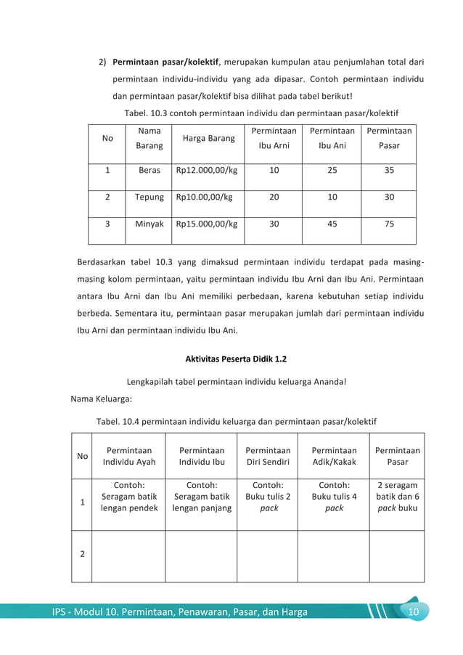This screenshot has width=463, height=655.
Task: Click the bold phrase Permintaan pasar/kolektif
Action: pyautogui.click(x=165, y=61)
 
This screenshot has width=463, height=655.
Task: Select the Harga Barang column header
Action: pyautogui.click(x=208, y=138)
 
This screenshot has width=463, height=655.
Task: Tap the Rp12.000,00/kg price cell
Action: pyautogui.click(x=207, y=171)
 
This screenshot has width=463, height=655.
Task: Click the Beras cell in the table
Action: pyautogui.click(x=149, y=171)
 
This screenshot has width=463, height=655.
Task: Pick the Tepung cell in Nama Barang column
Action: pyautogui.click(x=149, y=197)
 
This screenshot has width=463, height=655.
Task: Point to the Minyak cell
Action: pyautogui.click(x=149, y=224)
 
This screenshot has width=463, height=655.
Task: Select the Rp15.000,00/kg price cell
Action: pyautogui.click(x=207, y=224)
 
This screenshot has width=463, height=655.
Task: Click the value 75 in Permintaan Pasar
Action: pyautogui.click(x=389, y=224)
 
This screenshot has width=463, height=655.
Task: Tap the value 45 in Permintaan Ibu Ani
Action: pyautogui.click(x=332, y=224)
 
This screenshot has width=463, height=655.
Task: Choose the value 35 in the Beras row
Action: pyautogui.click(x=389, y=171)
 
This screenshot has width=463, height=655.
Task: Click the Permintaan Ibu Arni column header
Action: pyautogui.click(x=274, y=138)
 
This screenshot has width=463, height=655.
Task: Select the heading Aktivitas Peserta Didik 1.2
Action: pyautogui.click(x=231, y=359)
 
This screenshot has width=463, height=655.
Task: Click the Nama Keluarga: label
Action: pyautogui.click(x=101, y=399)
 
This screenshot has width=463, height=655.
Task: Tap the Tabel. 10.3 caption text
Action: pyautogui.click(x=261, y=113)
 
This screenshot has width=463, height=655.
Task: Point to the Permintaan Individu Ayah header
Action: pyautogui.click(x=128, y=456)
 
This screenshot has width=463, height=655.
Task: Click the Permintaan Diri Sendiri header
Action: pyautogui.click(x=267, y=456)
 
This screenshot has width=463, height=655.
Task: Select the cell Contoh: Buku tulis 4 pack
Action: pyautogui.click(x=334, y=497)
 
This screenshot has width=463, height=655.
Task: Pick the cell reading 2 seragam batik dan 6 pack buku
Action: pyautogui.click(x=397, y=497)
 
